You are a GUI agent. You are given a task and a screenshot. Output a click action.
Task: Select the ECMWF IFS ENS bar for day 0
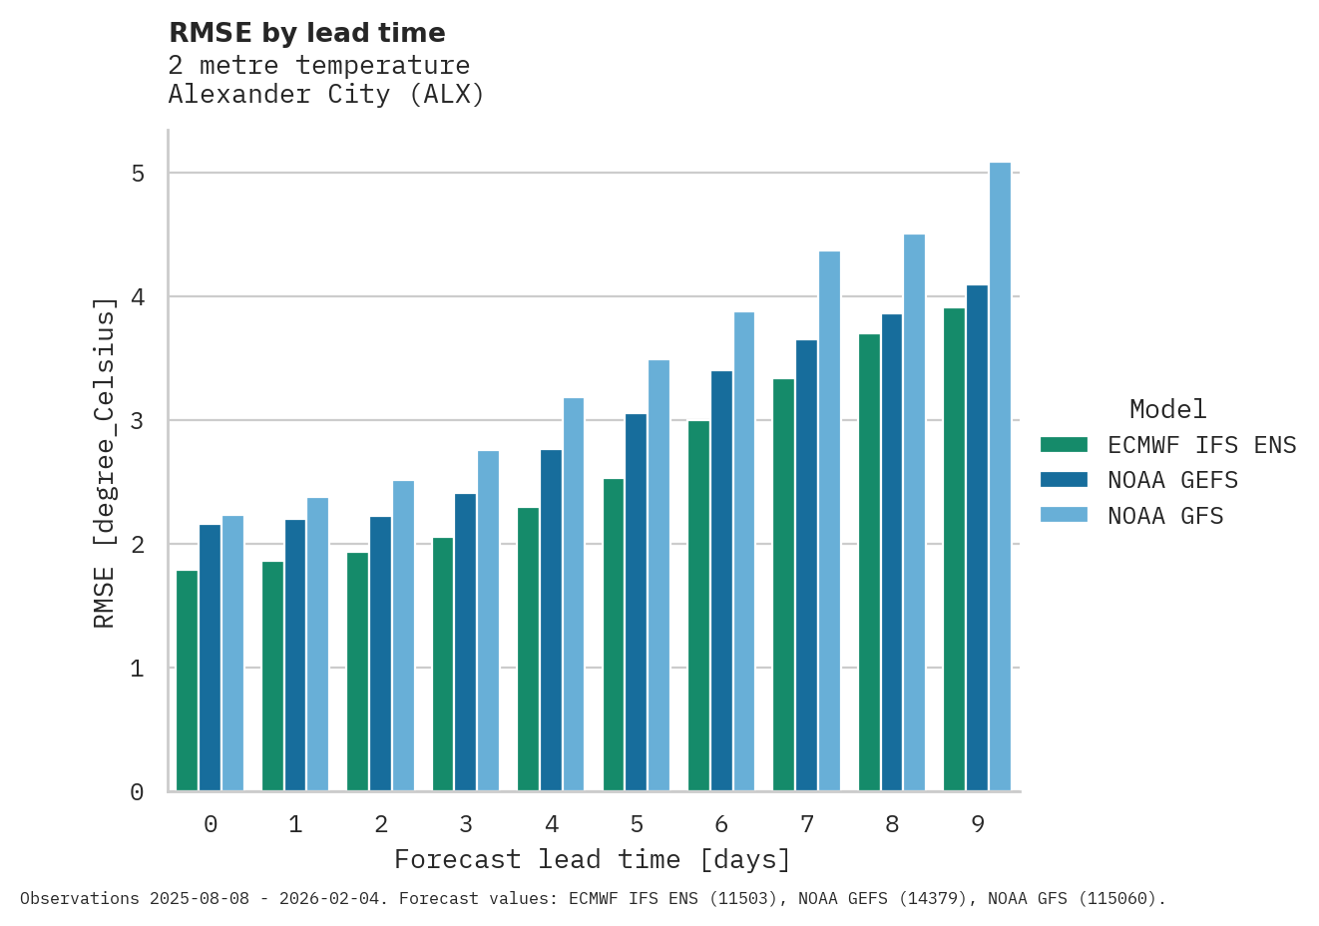pyautogui.click(x=187, y=681)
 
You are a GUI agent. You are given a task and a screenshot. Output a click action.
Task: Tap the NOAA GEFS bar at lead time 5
pyautogui.click(x=636, y=603)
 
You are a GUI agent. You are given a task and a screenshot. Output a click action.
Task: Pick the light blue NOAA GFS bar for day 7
pyautogui.click(x=829, y=521)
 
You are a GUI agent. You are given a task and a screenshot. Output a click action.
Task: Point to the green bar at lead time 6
pyautogui.click(x=698, y=606)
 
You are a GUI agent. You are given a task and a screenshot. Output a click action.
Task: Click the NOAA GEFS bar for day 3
pyautogui.click(x=465, y=643)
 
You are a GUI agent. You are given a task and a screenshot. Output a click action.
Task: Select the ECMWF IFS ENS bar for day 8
pyautogui.click(x=869, y=563)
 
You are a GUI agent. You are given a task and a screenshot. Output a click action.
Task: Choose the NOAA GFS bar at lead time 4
pyautogui.click(x=574, y=595)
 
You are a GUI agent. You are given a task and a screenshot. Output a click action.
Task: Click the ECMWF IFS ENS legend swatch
pyautogui.click(x=1063, y=445)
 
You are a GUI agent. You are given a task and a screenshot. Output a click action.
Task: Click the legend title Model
pyautogui.click(x=1167, y=409)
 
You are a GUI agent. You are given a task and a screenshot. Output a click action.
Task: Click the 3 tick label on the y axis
pyautogui.click(x=138, y=421)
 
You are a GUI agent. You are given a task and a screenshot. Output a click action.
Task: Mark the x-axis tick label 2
pyautogui.click(x=381, y=824)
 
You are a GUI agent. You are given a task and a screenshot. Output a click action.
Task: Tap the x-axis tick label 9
pyautogui.click(x=978, y=824)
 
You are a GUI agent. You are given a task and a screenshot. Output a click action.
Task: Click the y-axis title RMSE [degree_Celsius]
pyautogui.click(x=104, y=463)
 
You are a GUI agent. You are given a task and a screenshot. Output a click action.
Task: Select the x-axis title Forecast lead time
pyautogui.click(x=593, y=859)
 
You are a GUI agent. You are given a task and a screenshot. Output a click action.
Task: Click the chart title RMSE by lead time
pyautogui.click(x=307, y=33)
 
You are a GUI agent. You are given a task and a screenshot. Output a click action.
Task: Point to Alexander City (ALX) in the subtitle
pyautogui.click(x=326, y=95)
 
